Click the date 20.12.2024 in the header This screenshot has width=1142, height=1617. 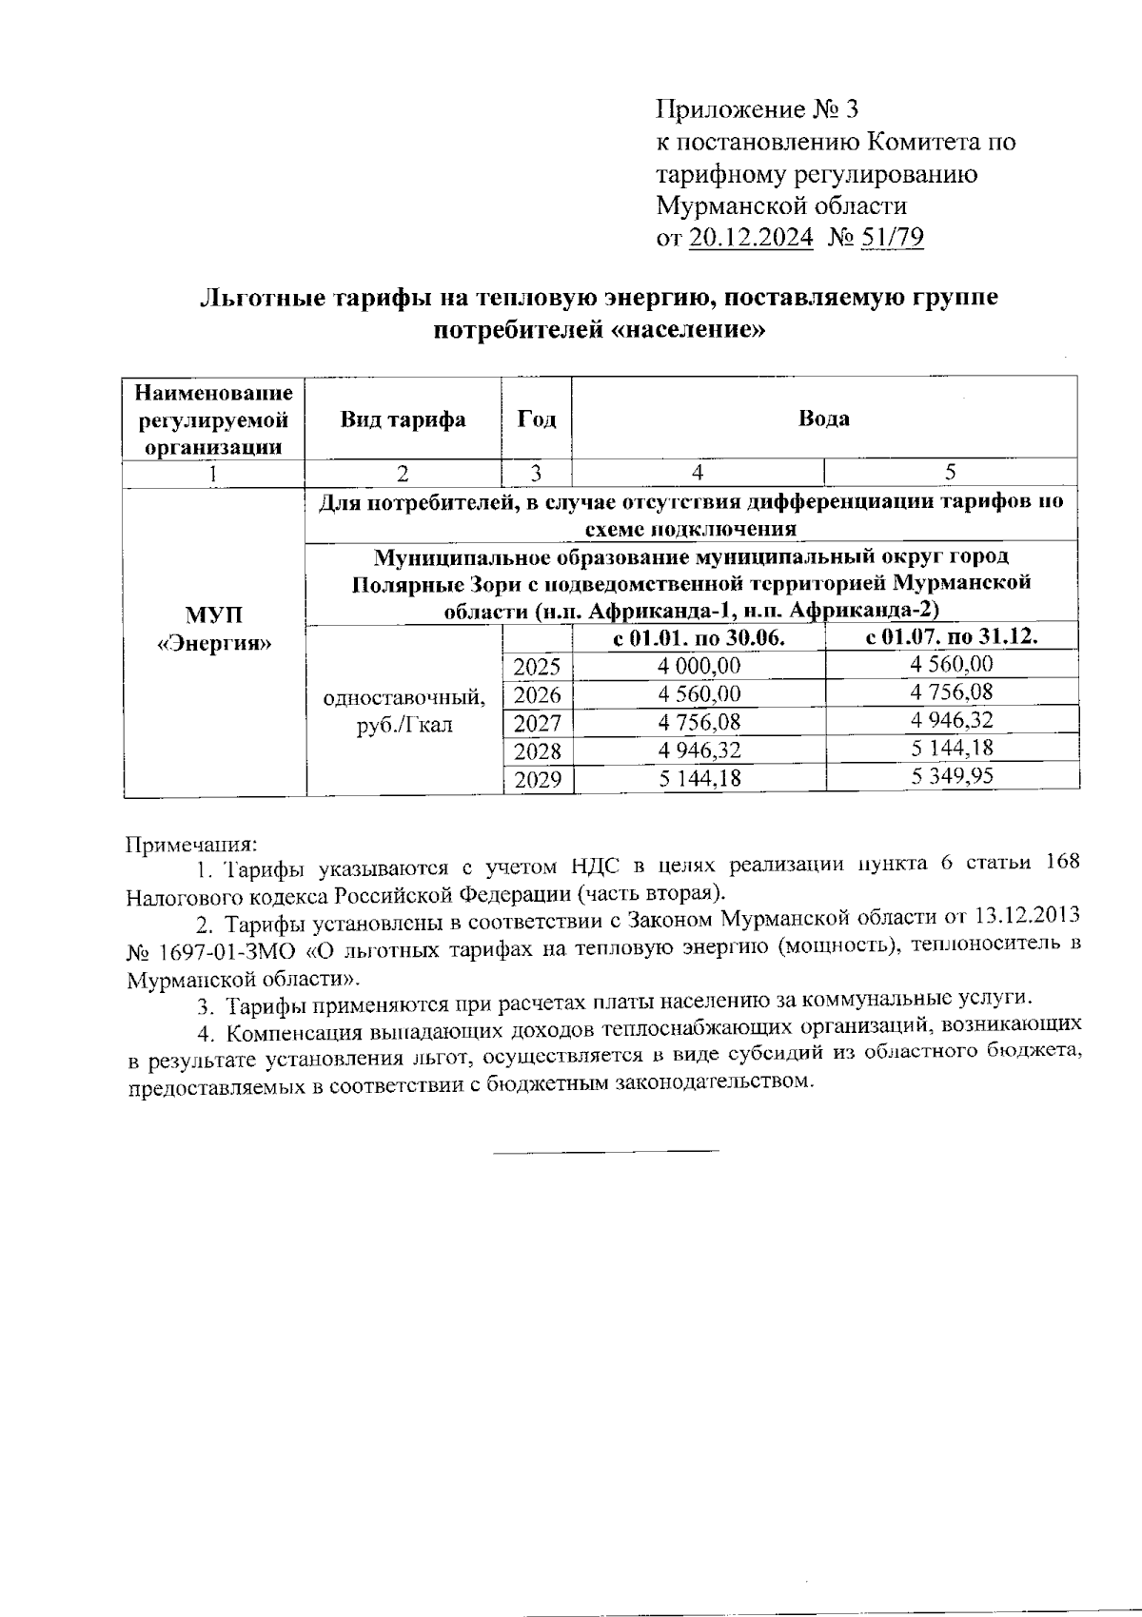click(751, 237)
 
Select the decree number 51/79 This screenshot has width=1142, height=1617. click(891, 237)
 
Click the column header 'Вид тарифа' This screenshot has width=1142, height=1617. click(403, 419)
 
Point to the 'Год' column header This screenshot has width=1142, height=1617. click(536, 419)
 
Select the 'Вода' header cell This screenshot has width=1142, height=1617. click(824, 419)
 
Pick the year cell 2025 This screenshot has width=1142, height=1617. click(537, 667)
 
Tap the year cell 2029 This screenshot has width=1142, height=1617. click(537, 781)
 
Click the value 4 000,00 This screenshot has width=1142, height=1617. click(699, 667)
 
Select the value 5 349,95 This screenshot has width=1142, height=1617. click(952, 776)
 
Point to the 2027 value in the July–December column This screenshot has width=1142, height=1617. click(952, 720)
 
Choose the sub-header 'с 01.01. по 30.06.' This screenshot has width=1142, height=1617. click(699, 638)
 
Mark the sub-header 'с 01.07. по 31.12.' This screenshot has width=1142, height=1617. click(952, 636)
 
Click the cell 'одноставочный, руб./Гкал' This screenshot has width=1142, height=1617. click(404, 711)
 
